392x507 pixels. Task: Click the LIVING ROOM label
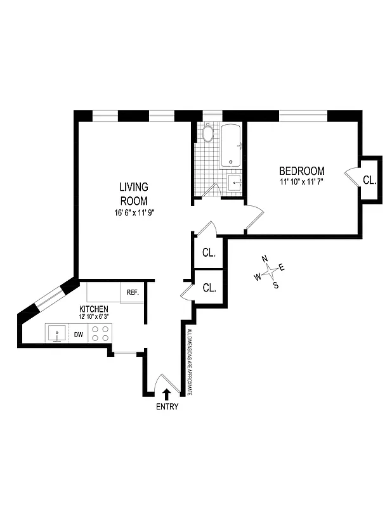[134, 193]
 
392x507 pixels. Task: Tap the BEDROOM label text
[302, 171]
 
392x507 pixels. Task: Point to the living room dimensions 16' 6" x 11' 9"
[134, 213]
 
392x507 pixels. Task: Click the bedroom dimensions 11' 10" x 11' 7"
[302, 182]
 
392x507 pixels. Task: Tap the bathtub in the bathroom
[231, 146]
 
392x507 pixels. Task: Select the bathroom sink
[235, 183]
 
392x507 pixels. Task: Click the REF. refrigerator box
[133, 292]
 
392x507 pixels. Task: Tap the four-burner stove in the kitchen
[100, 333]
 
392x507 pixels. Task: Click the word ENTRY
[167, 407]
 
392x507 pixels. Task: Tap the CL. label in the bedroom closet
[370, 180]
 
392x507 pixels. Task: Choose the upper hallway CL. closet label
[209, 252]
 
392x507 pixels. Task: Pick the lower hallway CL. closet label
[209, 287]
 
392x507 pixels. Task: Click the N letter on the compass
[265, 259]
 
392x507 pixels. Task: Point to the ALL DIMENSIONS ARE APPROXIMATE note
[188, 361]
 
